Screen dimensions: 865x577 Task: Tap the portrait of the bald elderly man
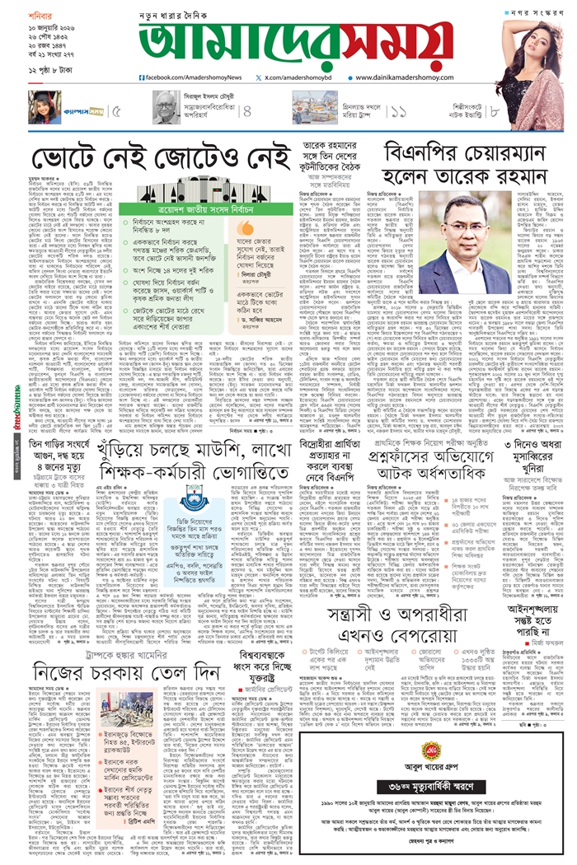pos(165,106)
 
